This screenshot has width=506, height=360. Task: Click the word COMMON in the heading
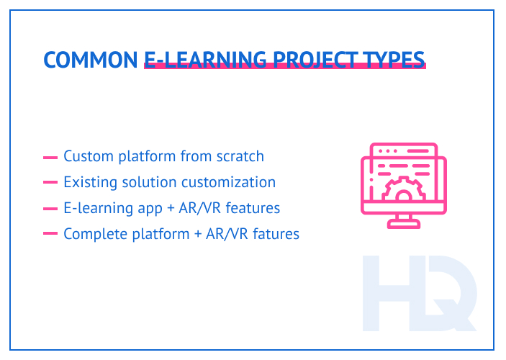(x=91, y=60)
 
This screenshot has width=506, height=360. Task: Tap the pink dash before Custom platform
(x=50, y=157)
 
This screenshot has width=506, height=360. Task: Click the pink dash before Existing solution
(x=50, y=183)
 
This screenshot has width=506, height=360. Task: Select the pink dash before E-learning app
(x=50, y=209)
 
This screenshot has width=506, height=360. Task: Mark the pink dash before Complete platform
(x=50, y=234)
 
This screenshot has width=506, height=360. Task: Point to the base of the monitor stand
(x=402, y=224)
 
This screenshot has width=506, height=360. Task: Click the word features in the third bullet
(x=251, y=209)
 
